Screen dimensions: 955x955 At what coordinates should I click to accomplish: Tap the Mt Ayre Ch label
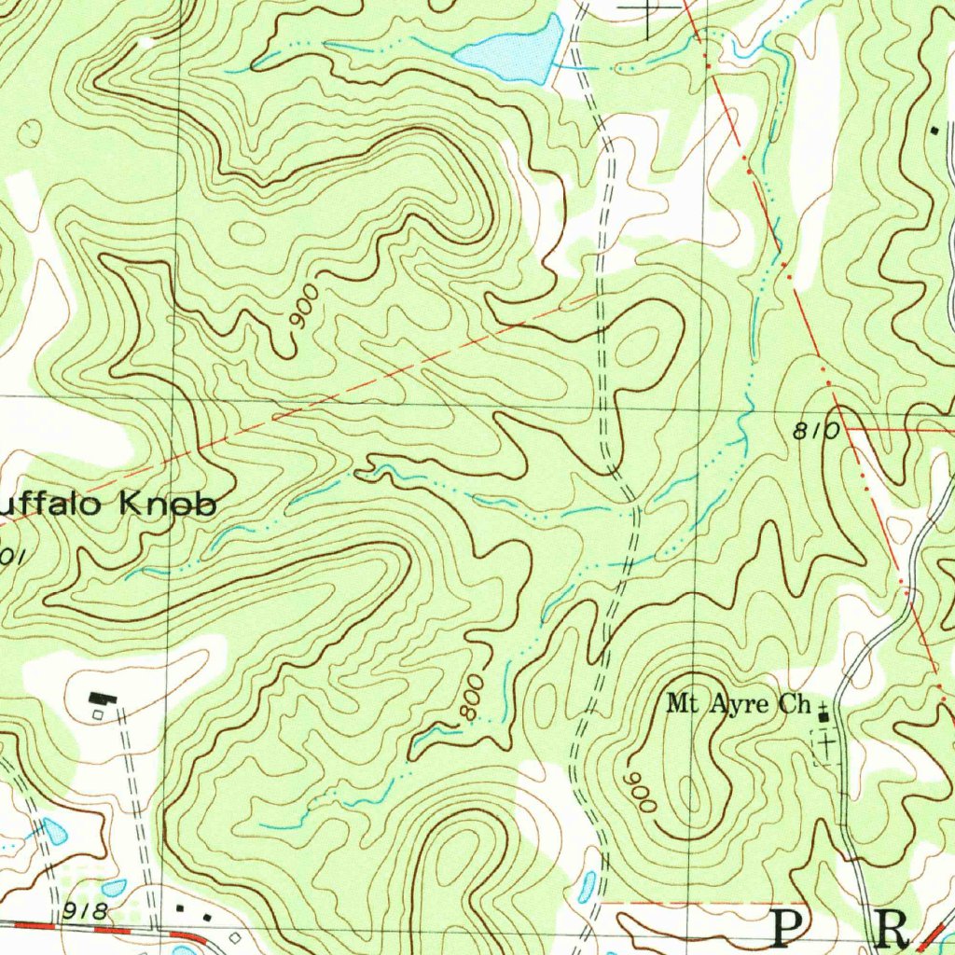739,704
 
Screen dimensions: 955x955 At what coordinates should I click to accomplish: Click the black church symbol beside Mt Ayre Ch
823,715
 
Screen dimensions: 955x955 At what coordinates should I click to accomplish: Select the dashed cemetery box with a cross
825,746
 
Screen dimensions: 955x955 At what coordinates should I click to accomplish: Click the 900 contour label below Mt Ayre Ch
642,792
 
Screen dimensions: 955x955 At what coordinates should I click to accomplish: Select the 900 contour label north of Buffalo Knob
304,307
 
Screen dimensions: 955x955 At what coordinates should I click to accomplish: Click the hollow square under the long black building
98,714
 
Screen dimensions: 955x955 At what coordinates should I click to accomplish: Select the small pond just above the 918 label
114,888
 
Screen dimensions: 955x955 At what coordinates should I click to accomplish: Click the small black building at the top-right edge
935,130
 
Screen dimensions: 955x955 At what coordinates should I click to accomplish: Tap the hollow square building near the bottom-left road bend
235,935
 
